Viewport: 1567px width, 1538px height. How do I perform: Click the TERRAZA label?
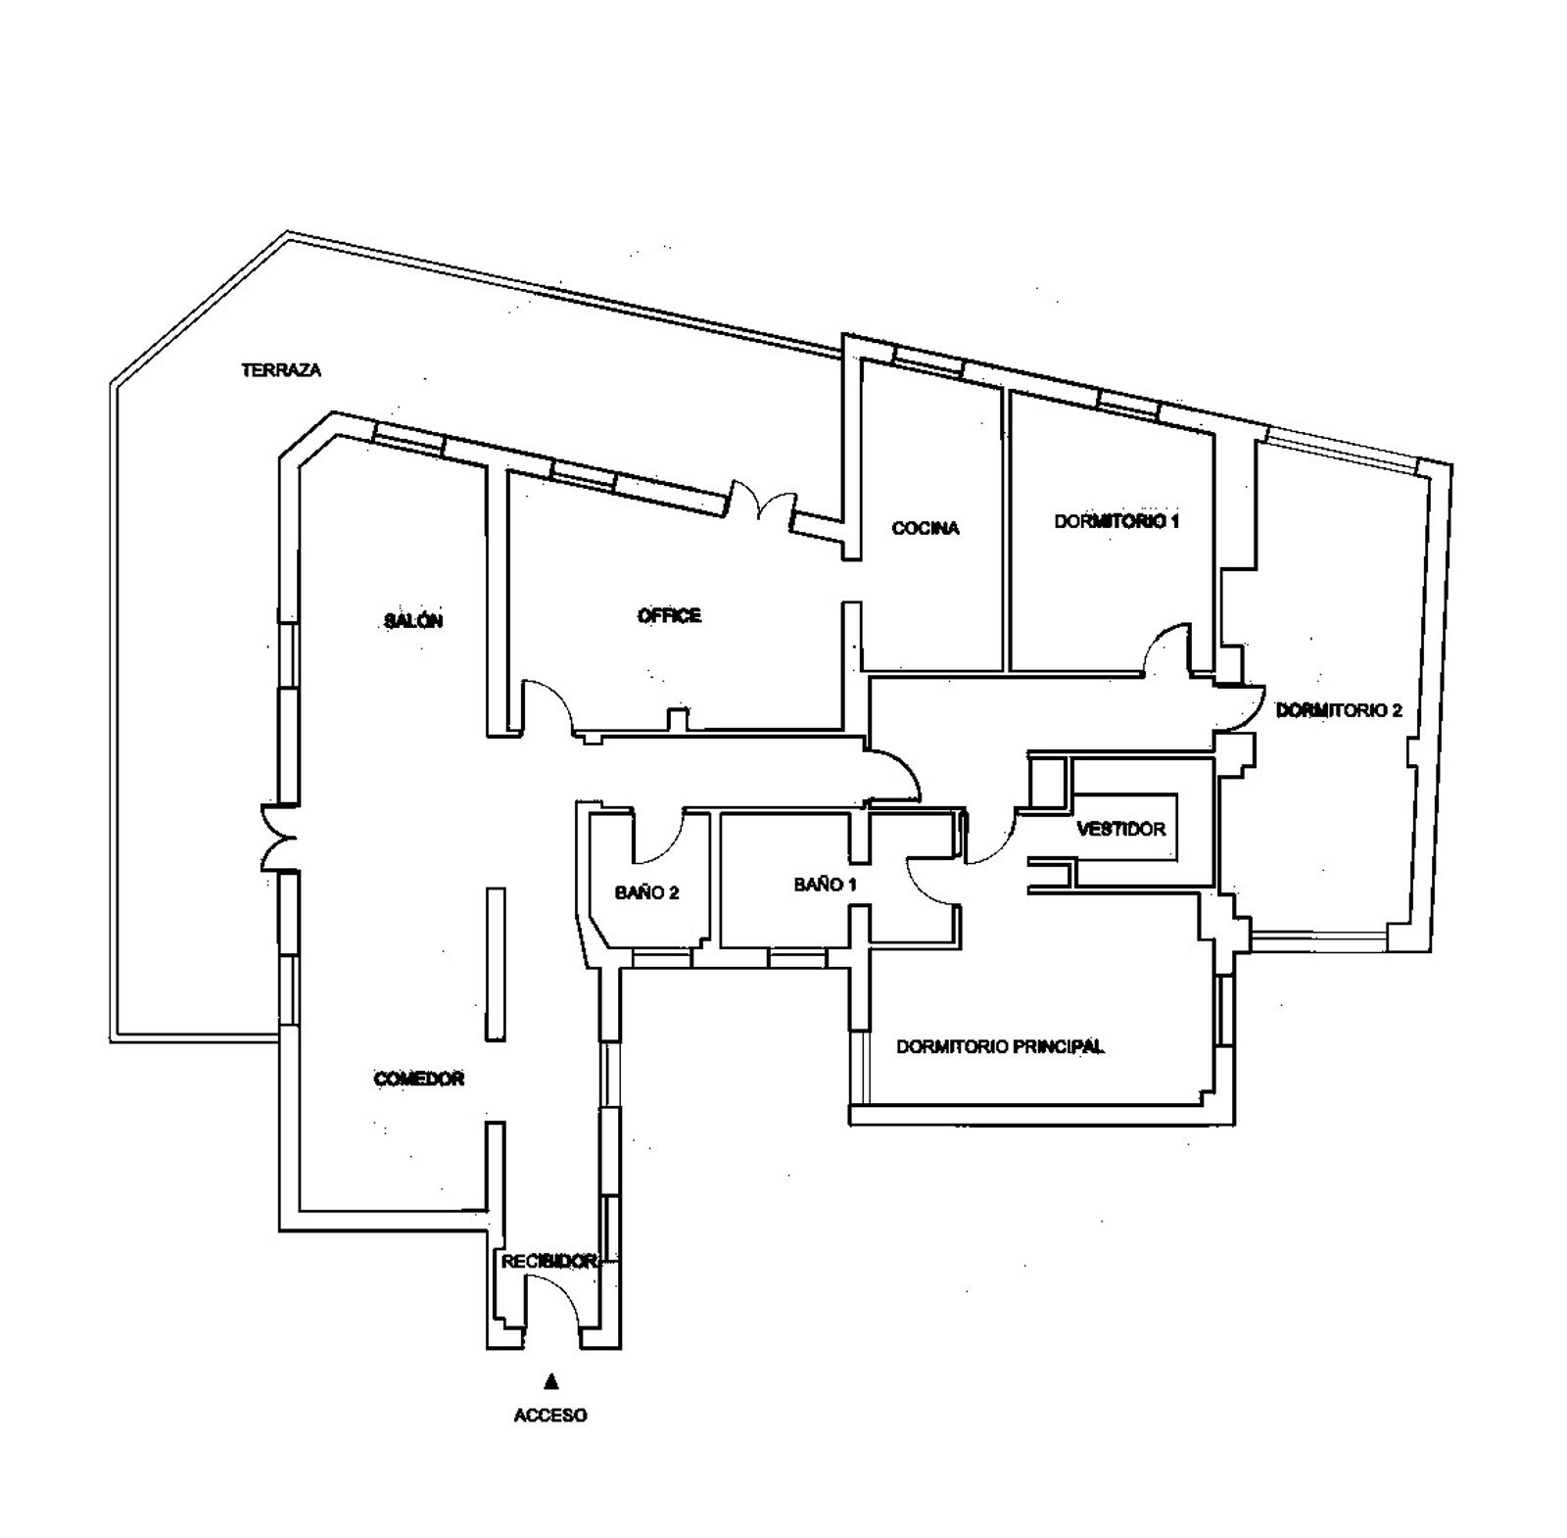tap(281, 370)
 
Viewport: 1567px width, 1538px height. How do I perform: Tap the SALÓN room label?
tap(413, 620)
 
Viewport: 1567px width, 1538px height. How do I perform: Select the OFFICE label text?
tap(669, 615)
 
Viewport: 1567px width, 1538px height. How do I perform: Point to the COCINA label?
tap(926, 528)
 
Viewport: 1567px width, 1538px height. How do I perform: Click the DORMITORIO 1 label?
tap(1116, 521)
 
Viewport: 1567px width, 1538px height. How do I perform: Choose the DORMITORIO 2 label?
tap(1339, 710)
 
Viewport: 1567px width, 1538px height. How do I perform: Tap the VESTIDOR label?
tap(1121, 829)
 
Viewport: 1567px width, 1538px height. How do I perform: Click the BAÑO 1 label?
tap(826, 885)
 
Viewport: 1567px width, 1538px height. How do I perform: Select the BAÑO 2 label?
tap(647, 892)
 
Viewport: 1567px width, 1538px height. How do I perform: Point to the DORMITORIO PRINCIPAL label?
tap(1001, 1046)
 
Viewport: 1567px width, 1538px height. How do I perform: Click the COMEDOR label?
tap(419, 1079)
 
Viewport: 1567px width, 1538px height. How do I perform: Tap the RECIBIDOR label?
tap(549, 1262)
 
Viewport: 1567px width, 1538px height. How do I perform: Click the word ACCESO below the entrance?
tap(550, 1415)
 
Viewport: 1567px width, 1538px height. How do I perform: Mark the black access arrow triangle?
tap(551, 1381)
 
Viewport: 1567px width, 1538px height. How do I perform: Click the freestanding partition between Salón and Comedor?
tap(496, 964)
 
